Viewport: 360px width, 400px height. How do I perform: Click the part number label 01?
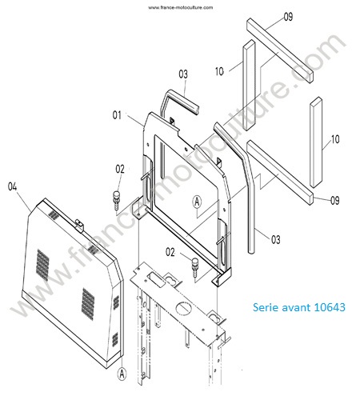click(117, 115)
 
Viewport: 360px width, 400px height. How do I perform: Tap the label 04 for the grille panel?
click(12, 186)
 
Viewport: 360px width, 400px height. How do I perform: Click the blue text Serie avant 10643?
click(299, 307)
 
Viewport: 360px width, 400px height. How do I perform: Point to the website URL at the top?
click(181, 7)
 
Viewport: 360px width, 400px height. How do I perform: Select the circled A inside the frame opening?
click(197, 202)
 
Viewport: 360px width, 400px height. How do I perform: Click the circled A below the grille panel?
click(122, 374)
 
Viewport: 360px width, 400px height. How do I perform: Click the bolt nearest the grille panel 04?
click(117, 200)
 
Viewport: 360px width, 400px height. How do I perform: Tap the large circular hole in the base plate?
click(184, 308)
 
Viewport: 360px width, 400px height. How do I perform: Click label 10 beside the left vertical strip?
click(219, 71)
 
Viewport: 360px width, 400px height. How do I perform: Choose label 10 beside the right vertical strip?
click(335, 139)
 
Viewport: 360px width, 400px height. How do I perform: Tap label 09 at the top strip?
click(288, 17)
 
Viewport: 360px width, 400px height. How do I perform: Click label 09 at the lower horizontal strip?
click(335, 200)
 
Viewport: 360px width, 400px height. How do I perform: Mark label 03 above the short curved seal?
click(183, 74)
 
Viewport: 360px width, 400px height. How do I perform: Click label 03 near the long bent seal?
click(276, 239)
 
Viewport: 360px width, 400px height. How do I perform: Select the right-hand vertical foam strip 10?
click(316, 142)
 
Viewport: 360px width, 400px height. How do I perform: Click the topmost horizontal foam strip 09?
click(280, 50)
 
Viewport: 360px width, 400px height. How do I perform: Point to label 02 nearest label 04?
click(120, 169)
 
